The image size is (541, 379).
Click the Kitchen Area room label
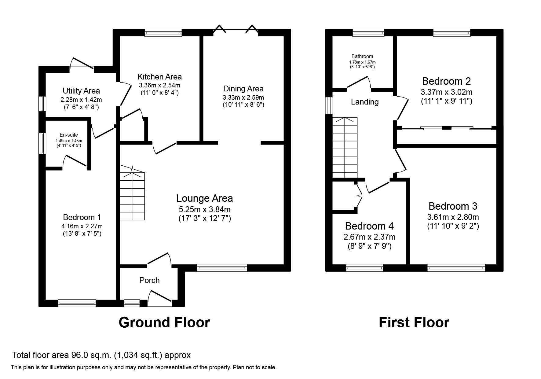click(x=159, y=77)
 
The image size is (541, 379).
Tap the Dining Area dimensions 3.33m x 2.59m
click(x=243, y=98)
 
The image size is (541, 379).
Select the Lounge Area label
click(x=204, y=198)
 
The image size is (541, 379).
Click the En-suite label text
click(x=68, y=135)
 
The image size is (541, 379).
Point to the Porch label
click(x=149, y=280)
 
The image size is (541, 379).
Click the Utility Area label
click(x=81, y=91)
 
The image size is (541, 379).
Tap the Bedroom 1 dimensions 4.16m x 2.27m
click(x=82, y=226)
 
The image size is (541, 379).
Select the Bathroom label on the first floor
click(x=362, y=56)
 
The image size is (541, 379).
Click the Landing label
click(x=364, y=102)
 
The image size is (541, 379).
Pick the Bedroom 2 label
click(x=446, y=81)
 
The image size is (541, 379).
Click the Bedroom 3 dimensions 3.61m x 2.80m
click(x=453, y=217)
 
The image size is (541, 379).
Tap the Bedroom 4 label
click(x=369, y=226)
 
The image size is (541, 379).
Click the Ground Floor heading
click(x=164, y=322)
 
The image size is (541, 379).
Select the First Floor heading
click(x=414, y=322)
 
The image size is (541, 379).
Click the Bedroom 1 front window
click(x=77, y=303)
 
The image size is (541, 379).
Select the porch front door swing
click(x=159, y=298)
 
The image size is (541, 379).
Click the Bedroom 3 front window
click(x=456, y=268)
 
